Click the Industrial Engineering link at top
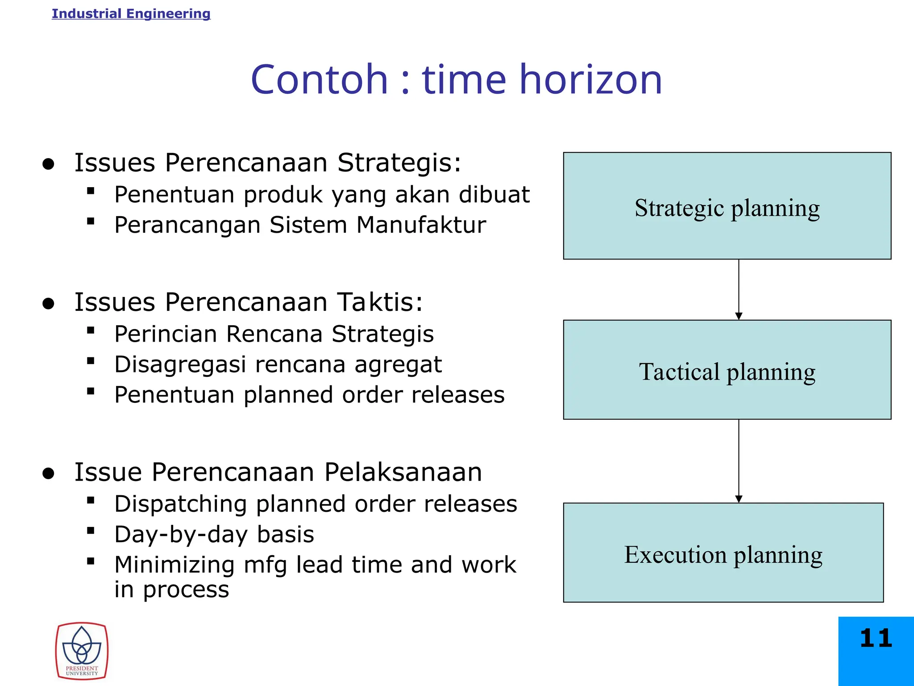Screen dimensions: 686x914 click(131, 14)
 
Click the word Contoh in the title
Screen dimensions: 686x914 click(320, 80)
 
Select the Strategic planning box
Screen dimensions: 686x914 click(727, 206)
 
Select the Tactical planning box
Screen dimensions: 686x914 click(727, 370)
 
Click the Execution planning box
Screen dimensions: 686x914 click(723, 553)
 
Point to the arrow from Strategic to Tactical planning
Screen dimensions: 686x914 click(739, 289)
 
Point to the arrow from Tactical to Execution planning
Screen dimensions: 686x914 click(739, 461)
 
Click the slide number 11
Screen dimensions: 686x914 click(876, 638)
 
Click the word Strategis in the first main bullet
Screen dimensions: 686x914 click(399, 163)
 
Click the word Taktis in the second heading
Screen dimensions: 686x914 click(379, 302)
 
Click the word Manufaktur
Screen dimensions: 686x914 click(421, 225)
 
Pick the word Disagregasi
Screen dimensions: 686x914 click(180, 364)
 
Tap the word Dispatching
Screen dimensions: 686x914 click(180, 504)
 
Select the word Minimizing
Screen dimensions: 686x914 click(174, 565)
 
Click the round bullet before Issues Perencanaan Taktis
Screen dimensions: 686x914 click(48, 304)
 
